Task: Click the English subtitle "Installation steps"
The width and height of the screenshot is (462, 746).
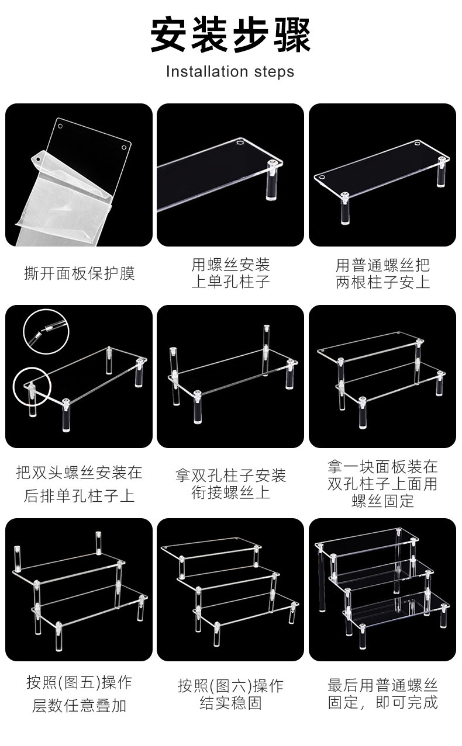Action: coord(230,72)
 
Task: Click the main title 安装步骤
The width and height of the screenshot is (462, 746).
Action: coord(230,35)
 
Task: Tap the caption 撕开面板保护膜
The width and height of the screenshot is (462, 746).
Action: coord(80,273)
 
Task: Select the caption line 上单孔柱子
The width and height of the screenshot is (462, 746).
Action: coord(230,282)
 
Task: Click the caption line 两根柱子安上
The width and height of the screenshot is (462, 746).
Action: coord(382,282)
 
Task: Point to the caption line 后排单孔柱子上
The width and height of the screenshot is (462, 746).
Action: coord(80,495)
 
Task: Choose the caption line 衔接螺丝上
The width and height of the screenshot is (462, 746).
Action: coord(230,492)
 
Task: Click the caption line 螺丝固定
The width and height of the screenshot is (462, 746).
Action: coord(382,501)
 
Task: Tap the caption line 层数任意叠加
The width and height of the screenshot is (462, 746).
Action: coord(80,705)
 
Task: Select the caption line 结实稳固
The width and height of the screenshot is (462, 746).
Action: coord(230,703)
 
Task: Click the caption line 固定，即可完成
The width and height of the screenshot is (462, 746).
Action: coord(382,702)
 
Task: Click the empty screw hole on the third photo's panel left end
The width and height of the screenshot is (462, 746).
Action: coord(321,177)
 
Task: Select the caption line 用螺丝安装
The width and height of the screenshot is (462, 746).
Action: coord(230,265)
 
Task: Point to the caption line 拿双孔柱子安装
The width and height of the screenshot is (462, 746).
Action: coord(230,476)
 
